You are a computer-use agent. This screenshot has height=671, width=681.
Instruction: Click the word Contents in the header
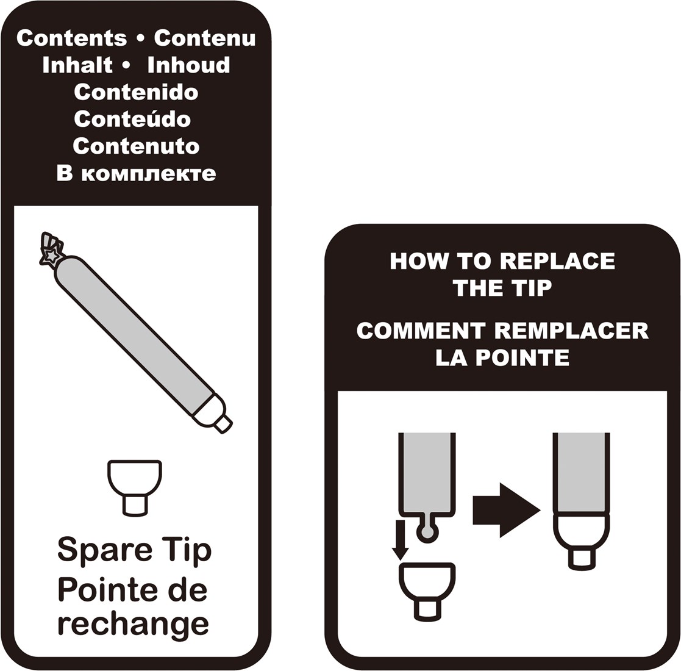pos(72,38)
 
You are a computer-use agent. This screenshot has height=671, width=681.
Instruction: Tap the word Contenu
pos(205,38)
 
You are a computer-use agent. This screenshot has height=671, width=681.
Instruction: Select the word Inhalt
pos(77,65)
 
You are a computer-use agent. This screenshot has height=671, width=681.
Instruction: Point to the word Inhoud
pos(188,65)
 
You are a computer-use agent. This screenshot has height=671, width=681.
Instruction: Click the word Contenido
pos(136,92)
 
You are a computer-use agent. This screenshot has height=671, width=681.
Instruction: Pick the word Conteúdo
pos(132,118)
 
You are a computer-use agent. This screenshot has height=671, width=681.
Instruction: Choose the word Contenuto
pos(136,146)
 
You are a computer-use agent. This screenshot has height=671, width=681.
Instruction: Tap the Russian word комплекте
pos(149,174)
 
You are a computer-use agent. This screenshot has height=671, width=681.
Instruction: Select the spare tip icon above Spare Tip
pos(135,487)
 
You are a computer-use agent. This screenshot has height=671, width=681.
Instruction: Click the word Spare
pos(105,551)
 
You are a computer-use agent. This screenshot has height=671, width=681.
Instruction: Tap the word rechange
pos(133,625)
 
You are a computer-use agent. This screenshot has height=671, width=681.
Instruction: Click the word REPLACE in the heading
pos(557,261)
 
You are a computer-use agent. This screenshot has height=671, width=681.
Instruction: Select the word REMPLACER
pos(571,331)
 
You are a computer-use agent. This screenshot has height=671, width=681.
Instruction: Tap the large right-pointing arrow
pos(507,510)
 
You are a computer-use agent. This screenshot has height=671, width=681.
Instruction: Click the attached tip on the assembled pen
pos(581,542)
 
